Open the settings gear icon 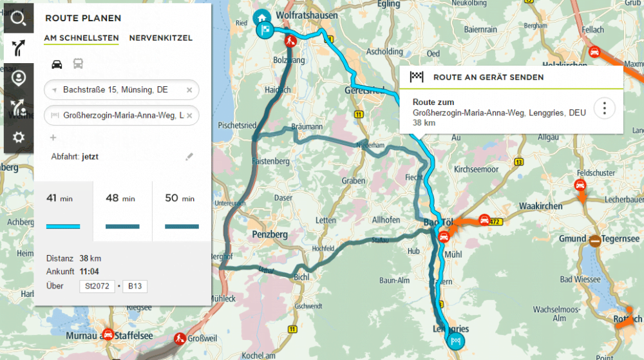[18, 137]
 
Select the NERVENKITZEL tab [160, 38]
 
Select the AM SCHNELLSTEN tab [81, 38]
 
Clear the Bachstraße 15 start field [189, 90]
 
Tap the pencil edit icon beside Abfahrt [189, 156]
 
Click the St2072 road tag [97, 286]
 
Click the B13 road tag [135, 286]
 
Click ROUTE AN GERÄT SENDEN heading [488, 77]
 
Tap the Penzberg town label [270, 234]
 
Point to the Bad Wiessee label [580, 279]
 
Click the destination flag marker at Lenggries [456, 341]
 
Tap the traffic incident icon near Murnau [108, 336]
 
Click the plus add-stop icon [53, 137]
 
